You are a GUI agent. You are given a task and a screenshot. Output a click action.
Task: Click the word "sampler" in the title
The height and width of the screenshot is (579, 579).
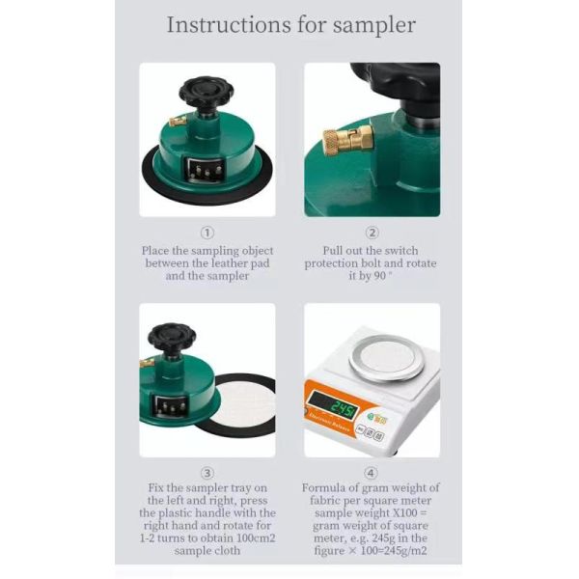(x=374, y=26)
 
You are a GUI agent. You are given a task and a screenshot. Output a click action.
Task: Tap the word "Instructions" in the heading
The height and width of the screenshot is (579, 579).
(x=229, y=25)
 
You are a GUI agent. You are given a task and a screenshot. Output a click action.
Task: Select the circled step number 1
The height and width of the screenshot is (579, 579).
(x=207, y=233)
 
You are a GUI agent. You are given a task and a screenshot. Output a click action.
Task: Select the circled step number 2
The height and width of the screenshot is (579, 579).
(x=372, y=233)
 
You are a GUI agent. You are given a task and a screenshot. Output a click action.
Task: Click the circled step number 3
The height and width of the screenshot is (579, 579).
(x=207, y=473)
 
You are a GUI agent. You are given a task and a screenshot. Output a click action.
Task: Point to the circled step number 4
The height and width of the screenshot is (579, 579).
(x=372, y=473)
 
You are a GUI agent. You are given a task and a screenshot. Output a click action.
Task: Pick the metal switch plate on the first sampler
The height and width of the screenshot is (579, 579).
(x=206, y=171)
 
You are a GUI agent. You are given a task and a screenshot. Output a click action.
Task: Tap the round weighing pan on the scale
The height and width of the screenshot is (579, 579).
(x=387, y=357)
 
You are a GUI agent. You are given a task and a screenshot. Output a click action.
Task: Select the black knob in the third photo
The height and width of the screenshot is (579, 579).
(x=172, y=339)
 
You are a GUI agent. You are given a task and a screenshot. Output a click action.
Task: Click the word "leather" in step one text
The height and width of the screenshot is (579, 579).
(x=230, y=263)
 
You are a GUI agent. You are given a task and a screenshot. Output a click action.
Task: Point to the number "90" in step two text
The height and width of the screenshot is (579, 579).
(x=379, y=276)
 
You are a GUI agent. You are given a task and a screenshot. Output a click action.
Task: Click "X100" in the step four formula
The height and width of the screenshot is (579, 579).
(x=404, y=513)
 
